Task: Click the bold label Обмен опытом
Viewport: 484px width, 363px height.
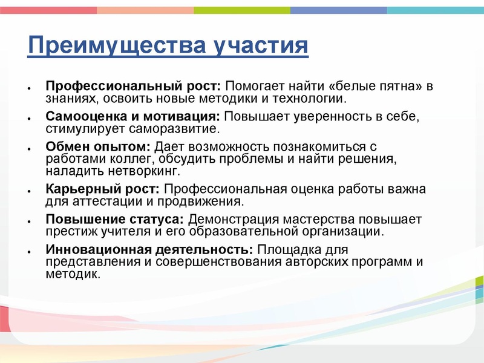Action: tap(99, 147)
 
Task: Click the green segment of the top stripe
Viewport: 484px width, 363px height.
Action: tap(242, 10)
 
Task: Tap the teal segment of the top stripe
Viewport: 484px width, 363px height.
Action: tap(436, 10)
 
